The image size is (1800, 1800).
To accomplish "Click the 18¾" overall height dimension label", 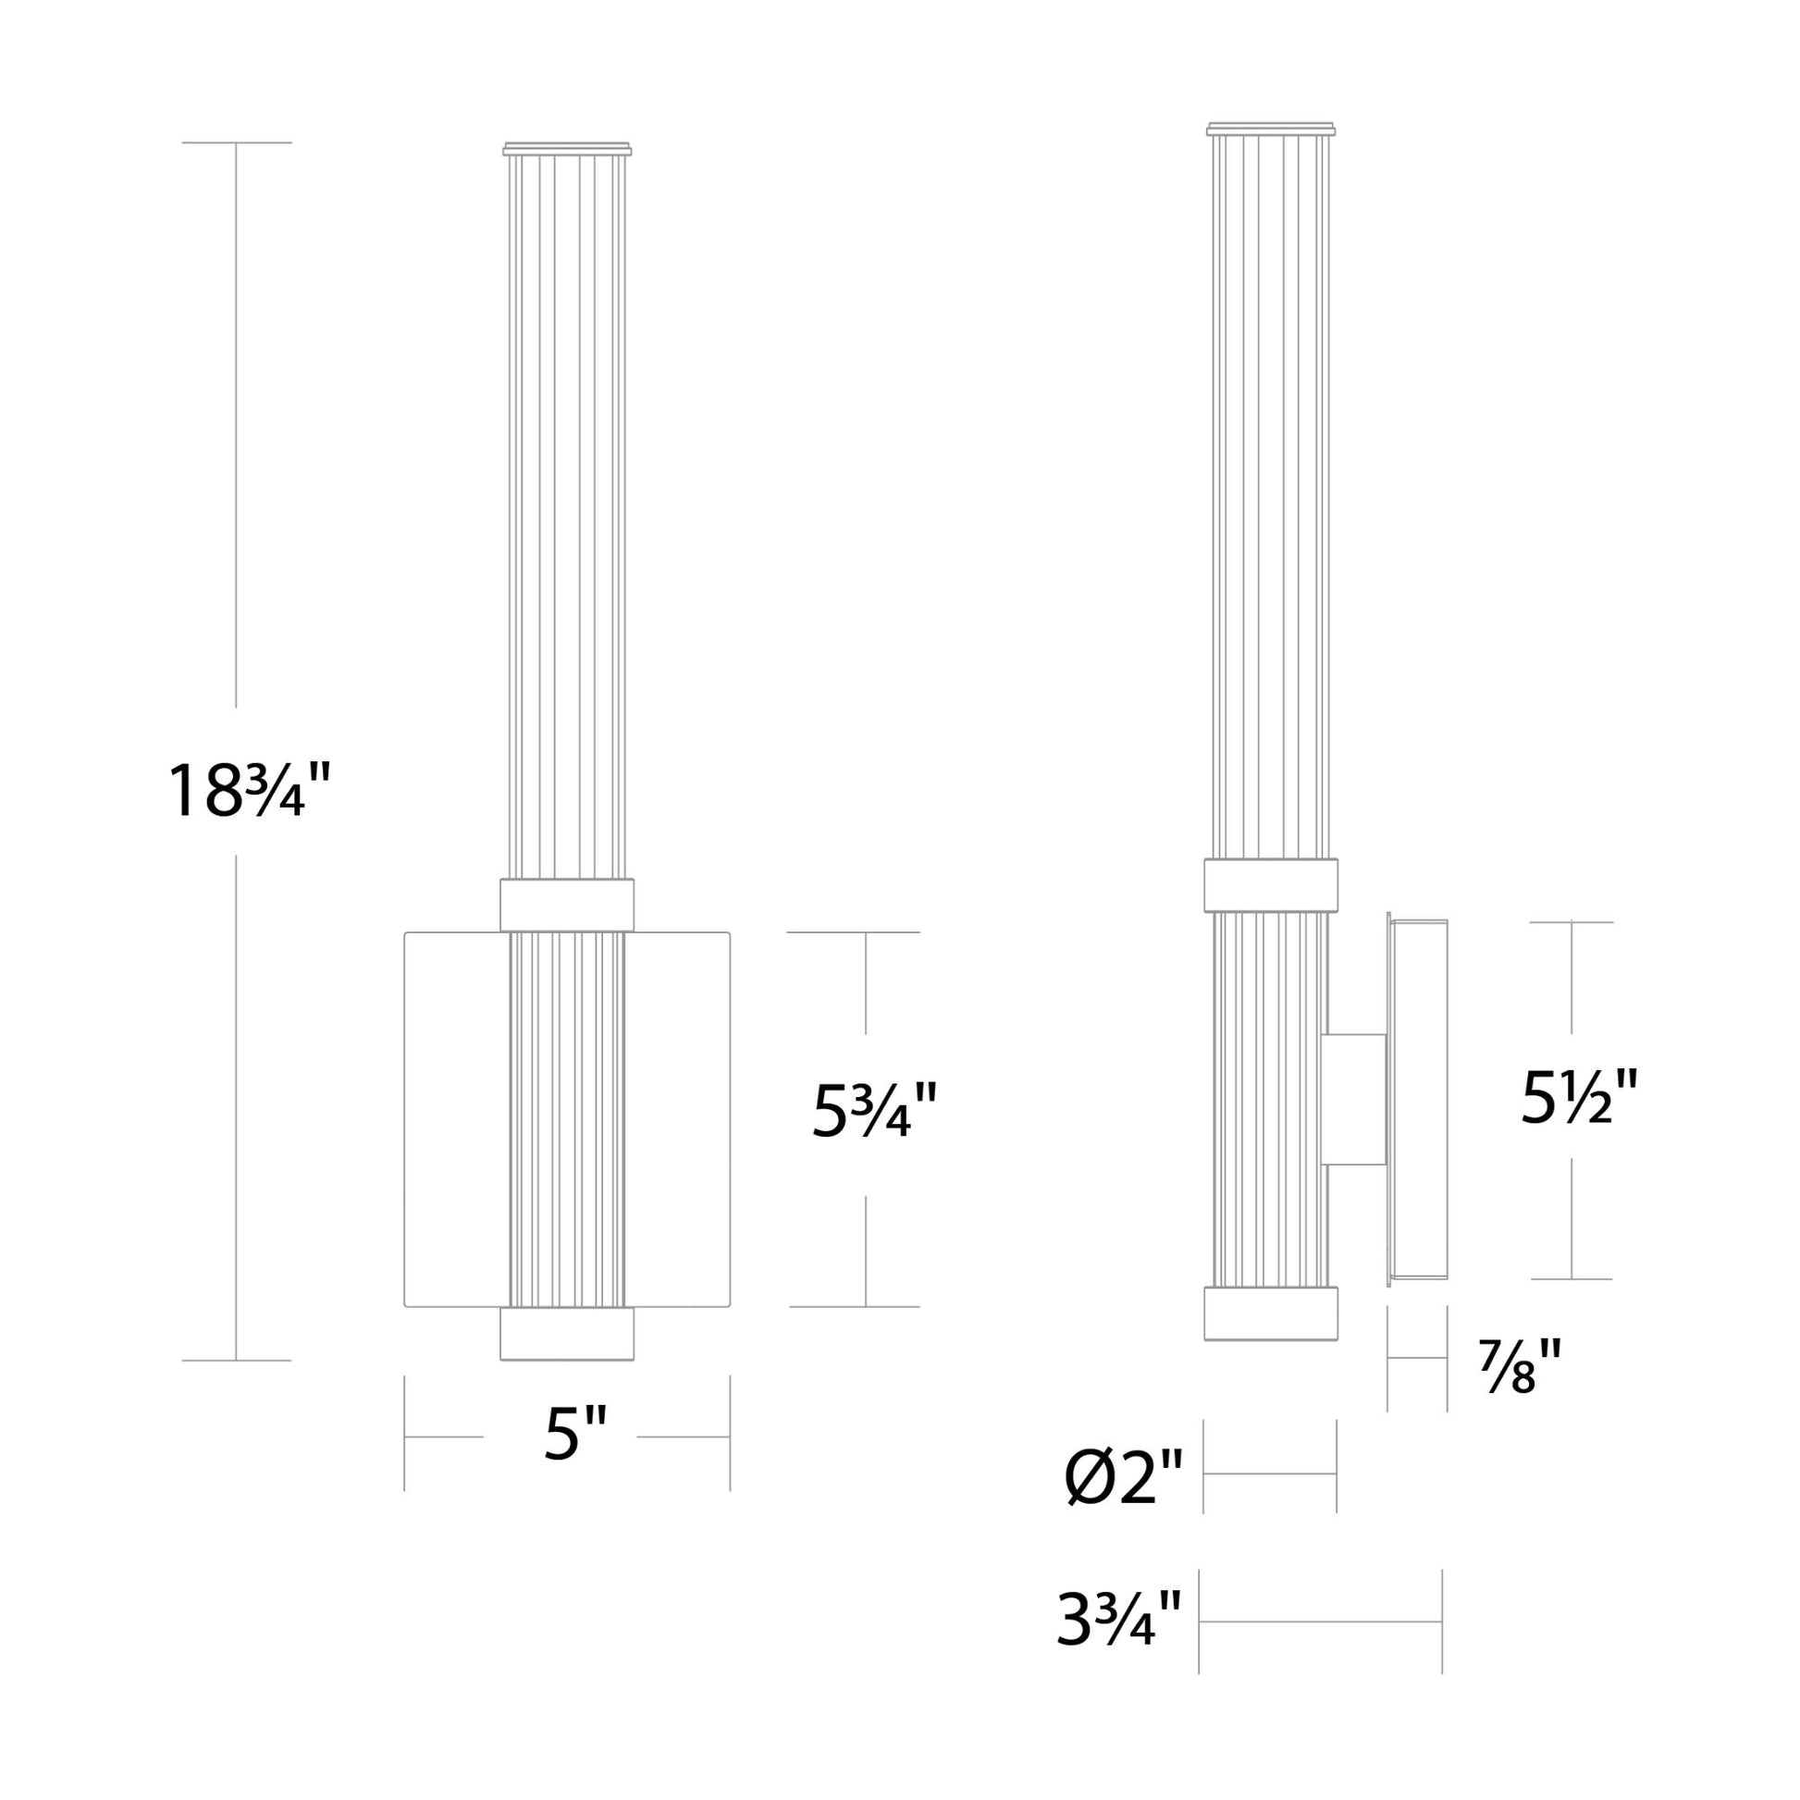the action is (248, 790).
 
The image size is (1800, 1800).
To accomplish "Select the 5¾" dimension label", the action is (873, 1110).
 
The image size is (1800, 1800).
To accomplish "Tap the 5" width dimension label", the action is (575, 1434).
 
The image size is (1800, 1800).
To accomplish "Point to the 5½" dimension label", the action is (1578, 1097).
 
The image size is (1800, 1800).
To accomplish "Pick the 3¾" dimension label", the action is (1119, 1620).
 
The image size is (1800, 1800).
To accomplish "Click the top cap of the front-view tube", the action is (567, 149).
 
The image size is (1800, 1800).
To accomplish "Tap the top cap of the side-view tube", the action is (1271, 129).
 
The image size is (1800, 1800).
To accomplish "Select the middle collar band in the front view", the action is (567, 905).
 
